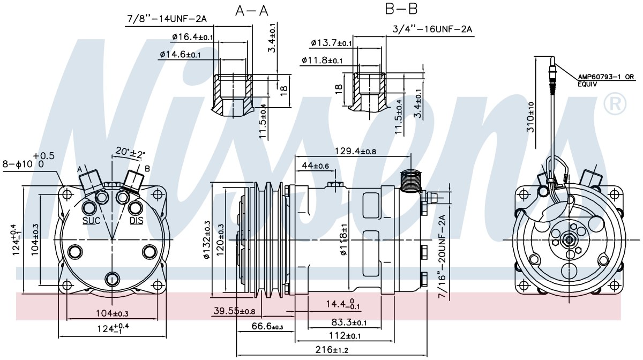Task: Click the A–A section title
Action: tap(252, 11)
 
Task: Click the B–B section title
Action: tap(401, 9)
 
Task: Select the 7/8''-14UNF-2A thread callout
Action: tap(167, 19)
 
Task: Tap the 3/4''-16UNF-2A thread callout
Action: tap(432, 29)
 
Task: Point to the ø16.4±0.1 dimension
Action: tap(192, 37)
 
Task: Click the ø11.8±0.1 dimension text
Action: tap(322, 61)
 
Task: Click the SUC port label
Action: tap(92, 221)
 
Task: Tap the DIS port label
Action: tap(136, 221)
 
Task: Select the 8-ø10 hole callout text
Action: tap(28, 161)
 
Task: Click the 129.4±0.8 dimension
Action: tap(355, 151)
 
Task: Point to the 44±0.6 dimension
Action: tap(315, 166)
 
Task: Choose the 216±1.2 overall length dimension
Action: tap(332, 350)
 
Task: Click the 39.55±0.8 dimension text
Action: tap(234, 311)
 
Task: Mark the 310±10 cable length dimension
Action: tap(531, 117)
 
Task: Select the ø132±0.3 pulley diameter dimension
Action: tap(207, 239)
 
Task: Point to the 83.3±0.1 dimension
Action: tap(349, 322)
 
